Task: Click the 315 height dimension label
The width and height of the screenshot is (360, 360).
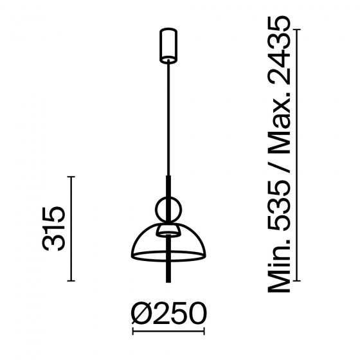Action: pyautogui.click(x=54, y=229)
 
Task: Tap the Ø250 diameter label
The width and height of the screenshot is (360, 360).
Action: pyautogui.click(x=168, y=313)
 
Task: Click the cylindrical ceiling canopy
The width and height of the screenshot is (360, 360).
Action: pyautogui.click(x=168, y=45)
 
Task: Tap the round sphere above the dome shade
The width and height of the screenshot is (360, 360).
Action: pyautogui.click(x=168, y=210)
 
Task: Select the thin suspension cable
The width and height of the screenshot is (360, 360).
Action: pyautogui.click(x=168, y=119)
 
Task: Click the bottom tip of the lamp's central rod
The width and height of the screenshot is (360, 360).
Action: pyautogui.click(x=168, y=282)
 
